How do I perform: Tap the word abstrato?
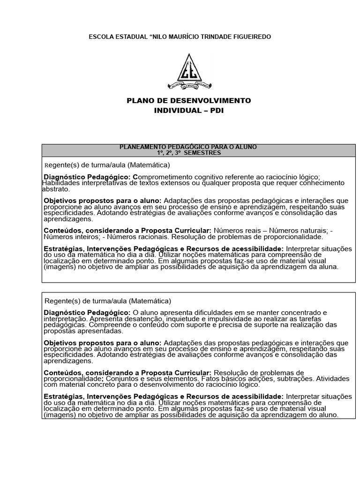pos(56,189)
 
